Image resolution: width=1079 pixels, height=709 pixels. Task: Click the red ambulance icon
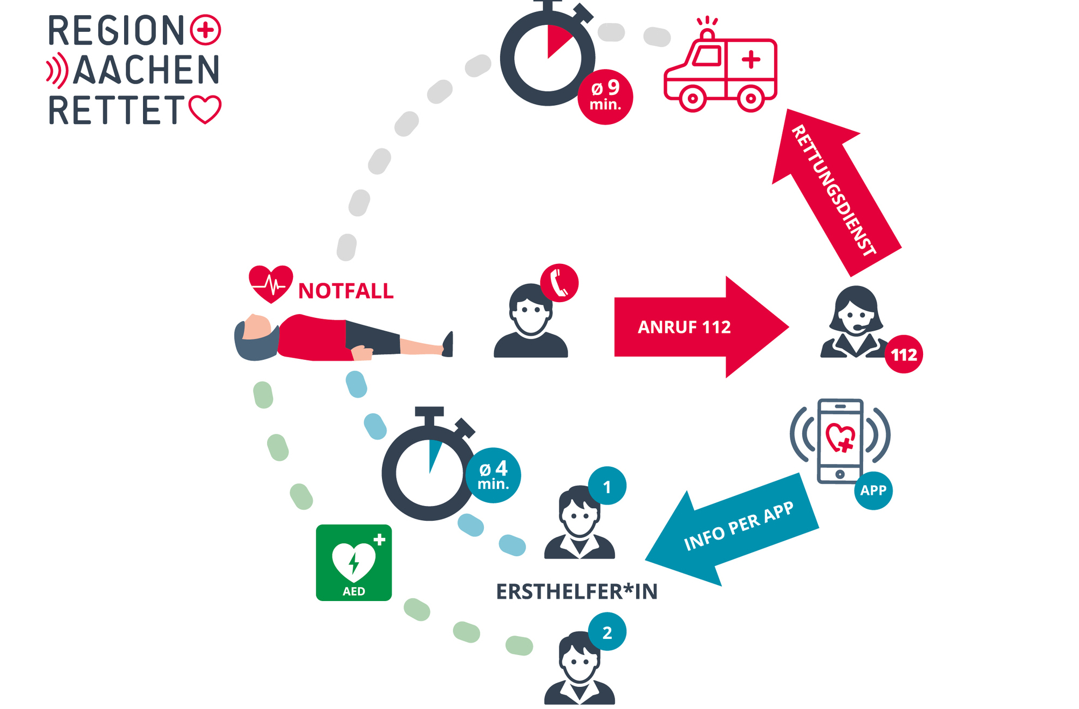[x=720, y=70]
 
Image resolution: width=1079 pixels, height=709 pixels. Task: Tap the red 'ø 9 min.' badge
[x=605, y=97]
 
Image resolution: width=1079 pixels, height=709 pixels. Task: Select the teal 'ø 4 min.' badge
[x=493, y=475]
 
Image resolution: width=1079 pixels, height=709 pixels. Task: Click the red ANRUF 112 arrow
[x=696, y=327]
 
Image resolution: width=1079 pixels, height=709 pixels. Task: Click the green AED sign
[x=354, y=562]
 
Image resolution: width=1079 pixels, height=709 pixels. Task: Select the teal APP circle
[x=873, y=490]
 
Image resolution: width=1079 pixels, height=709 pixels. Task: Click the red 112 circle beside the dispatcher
[x=904, y=354]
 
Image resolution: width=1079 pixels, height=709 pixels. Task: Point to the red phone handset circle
[x=559, y=283]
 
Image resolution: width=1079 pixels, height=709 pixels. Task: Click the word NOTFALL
[x=346, y=291]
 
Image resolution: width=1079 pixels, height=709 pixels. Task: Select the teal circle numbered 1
[x=607, y=486]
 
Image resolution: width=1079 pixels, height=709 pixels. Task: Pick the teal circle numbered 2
[x=607, y=632]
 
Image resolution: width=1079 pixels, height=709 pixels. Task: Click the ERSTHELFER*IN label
[x=577, y=592]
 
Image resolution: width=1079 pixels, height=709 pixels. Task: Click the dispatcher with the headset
[x=855, y=324]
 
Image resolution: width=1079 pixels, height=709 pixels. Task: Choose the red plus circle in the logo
[x=206, y=30]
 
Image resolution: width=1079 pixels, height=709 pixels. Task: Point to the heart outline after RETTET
[x=205, y=110]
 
